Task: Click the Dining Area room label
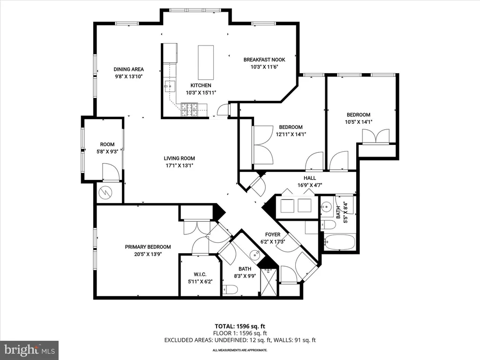[x=128, y=69]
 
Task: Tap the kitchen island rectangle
[x=206, y=62]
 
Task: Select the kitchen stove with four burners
[x=189, y=110]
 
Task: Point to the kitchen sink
[x=170, y=87]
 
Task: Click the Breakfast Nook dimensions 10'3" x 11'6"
[x=264, y=67]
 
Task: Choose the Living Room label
[x=180, y=158]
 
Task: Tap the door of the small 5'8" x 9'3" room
[x=110, y=172]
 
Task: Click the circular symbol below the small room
[x=105, y=193]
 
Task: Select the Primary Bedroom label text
[x=148, y=247]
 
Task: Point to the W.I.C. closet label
[x=200, y=274]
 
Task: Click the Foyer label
[x=273, y=234]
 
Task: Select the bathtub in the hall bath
[x=340, y=242]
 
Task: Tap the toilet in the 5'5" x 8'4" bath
[x=328, y=225]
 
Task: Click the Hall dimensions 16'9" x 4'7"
[x=310, y=185]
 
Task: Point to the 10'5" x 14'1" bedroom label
[x=359, y=118]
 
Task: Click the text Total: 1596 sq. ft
[x=240, y=326]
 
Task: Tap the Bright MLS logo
[x=30, y=350]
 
